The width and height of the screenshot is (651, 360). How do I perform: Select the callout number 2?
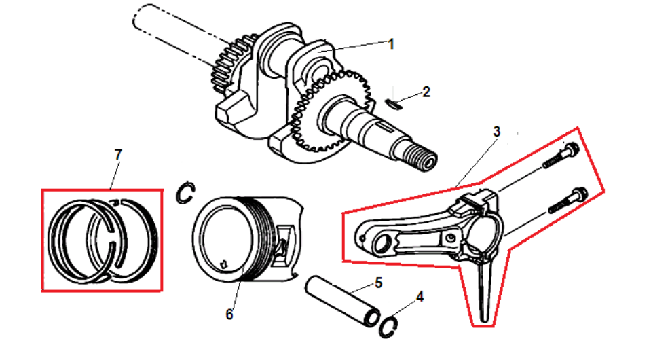click(426, 92)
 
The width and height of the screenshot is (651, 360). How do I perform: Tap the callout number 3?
click(496, 131)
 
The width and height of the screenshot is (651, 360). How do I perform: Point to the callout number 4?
click(420, 297)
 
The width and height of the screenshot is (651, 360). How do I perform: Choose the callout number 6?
click(229, 314)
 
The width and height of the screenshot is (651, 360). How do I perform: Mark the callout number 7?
click(118, 155)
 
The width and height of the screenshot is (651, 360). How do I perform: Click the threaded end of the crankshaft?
click(425, 162)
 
